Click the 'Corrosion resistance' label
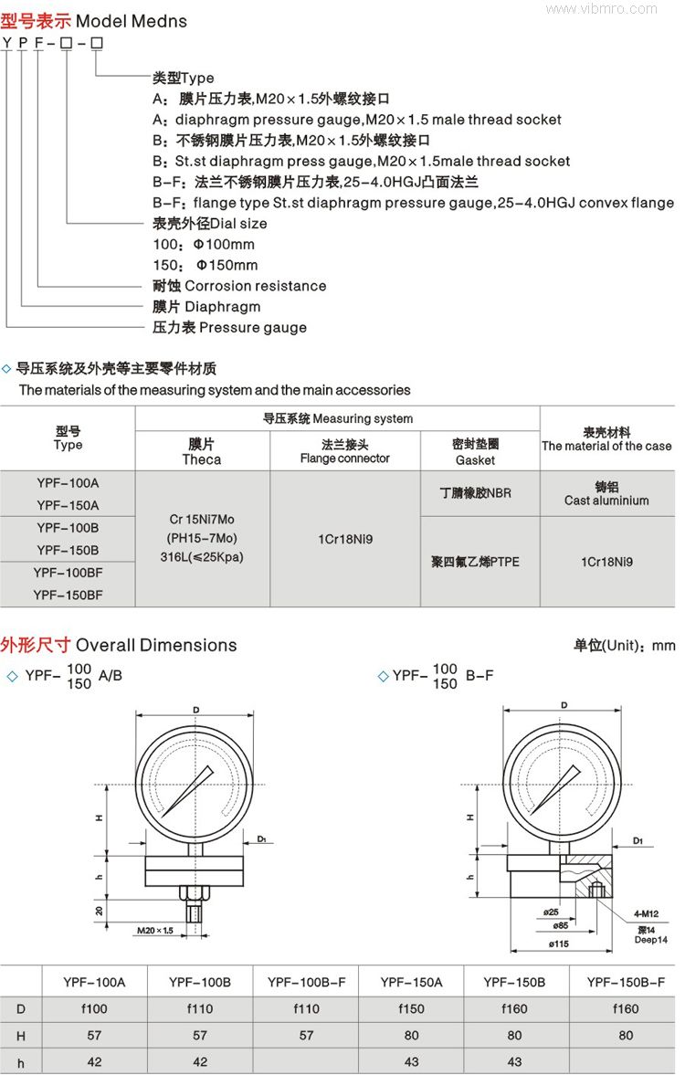click(255, 286)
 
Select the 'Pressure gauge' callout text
click(253, 327)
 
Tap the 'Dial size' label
click(239, 223)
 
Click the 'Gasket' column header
click(475, 459)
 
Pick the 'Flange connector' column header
click(344, 459)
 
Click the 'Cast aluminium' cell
click(606, 501)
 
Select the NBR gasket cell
click(475, 493)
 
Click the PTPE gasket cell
click(475, 562)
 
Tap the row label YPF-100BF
click(68, 573)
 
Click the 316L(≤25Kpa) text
click(202, 556)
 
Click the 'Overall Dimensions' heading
click(156, 645)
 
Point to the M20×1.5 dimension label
click(154, 931)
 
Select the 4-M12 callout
click(648, 913)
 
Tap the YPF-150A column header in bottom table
click(411, 983)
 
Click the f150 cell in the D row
click(411, 1009)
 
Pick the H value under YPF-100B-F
click(306, 1036)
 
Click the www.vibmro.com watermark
click(614, 8)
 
